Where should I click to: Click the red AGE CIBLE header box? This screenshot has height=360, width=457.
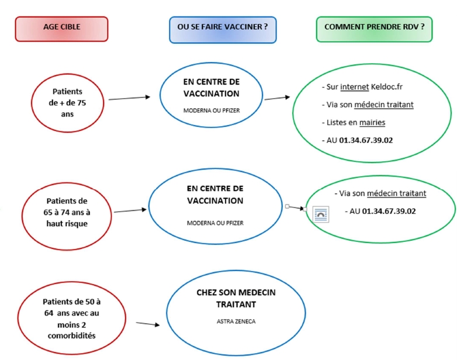click(x=61, y=29)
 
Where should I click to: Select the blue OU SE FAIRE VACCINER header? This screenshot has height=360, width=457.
click(x=223, y=30)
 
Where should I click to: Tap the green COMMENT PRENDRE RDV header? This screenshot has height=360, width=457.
click(x=374, y=29)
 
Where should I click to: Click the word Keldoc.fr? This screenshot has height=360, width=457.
click(x=386, y=87)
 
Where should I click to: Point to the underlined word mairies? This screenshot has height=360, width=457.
click(x=372, y=122)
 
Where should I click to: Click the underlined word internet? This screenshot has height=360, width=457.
click(x=354, y=87)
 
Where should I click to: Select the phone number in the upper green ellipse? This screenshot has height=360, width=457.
click(x=366, y=140)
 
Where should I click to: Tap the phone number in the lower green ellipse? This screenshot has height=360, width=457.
click(x=389, y=211)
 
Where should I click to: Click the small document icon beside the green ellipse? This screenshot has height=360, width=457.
click(x=321, y=214)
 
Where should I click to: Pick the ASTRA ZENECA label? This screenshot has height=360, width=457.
click(x=236, y=321)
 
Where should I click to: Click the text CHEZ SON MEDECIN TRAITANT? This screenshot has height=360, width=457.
click(x=236, y=298)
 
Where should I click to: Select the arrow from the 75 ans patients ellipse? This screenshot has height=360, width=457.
click(x=129, y=98)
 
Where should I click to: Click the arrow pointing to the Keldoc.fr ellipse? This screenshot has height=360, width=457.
click(x=277, y=98)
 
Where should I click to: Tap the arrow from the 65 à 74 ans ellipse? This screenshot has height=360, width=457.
click(x=130, y=210)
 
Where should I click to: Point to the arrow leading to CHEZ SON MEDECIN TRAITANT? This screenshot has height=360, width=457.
click(x=148, y=324)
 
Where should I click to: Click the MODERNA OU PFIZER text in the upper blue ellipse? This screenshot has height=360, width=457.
click(x=212, y=110)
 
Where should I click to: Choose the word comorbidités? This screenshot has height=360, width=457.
click(x=72, y=336)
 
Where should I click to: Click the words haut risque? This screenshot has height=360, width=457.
click(x=67, y=224)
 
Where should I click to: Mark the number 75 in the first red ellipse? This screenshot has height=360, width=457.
click(x=82, y=103)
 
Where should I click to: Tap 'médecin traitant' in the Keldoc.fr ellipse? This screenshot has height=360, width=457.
click(x=384, y=105)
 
